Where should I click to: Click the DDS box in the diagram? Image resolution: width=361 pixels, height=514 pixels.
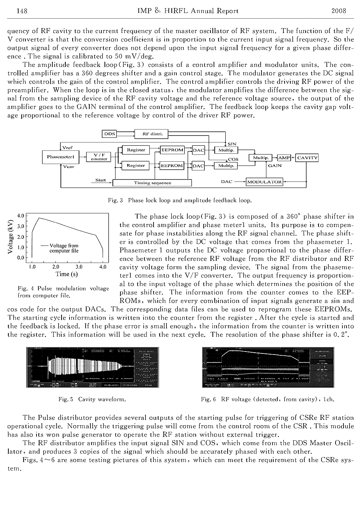pyautogui.click(x=109, y=134)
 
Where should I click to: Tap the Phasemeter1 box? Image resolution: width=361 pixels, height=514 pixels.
pyautogui.click(x=60, y=156)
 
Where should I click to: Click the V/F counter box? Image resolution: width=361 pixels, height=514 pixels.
pyautogui.click(x=99, y=157)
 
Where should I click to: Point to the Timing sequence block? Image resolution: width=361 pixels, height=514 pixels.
pyautogui.click(x=152, y=183)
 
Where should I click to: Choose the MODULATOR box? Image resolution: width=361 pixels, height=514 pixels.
pyautogui.click(x=264, y=182)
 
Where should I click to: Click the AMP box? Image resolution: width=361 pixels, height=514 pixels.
pyautogui.click(x=284, y=158)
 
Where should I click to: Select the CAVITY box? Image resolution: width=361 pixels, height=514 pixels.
pyautogui.click(x=307, y=158)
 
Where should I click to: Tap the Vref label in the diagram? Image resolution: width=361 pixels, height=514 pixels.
pyautogui.click(x=67, y=148)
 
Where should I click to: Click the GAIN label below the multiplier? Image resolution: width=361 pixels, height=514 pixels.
pyautogui.click(x=275, y=166)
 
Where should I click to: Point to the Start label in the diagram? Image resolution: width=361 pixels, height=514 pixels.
pyautogui.click(x=101, y=180)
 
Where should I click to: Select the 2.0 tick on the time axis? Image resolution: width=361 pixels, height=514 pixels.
pyautogui.click(x=55, y=267)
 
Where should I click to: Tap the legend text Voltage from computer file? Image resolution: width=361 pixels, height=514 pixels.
pyautogui.click(x=64, y=248)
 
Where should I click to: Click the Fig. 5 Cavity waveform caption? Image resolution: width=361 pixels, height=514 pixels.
pyautogui.click(x=92, y=399)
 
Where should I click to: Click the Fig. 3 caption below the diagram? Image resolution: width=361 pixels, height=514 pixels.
pyautogui.click(x=180, y=200)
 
